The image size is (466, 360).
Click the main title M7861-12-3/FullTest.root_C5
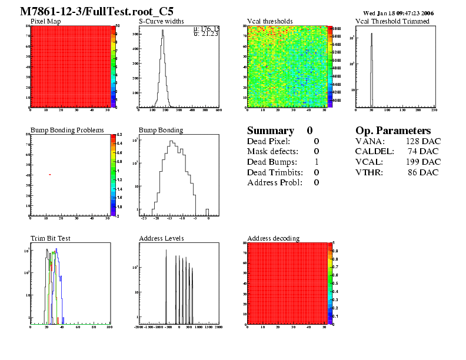[x=97, y=12]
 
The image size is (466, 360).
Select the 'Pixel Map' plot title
[x=45, y=21]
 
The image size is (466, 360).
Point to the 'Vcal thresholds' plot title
[x=269, y=21]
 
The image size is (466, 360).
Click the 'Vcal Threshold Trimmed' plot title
[x=392, y=21]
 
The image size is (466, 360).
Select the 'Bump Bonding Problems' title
[x=67, y=130]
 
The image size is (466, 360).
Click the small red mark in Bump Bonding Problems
[x=50, y=174]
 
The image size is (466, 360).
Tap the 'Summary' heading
[x=270, y=131]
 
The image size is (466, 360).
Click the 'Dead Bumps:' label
[x=270, y=162]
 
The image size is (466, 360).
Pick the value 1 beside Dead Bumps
[x=317, y=162]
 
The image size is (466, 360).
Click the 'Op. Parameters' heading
[x=393, y=131]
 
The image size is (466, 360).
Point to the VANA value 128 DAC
[x=423, y=141]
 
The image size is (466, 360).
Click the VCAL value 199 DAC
[x=423, y=162]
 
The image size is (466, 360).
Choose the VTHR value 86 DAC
[x=423, y=172]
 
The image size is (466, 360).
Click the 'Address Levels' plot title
[x=161, y=238]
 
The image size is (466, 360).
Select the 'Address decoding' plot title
[x=273, y=238]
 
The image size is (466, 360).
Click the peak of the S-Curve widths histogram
[x=162, y=31]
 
